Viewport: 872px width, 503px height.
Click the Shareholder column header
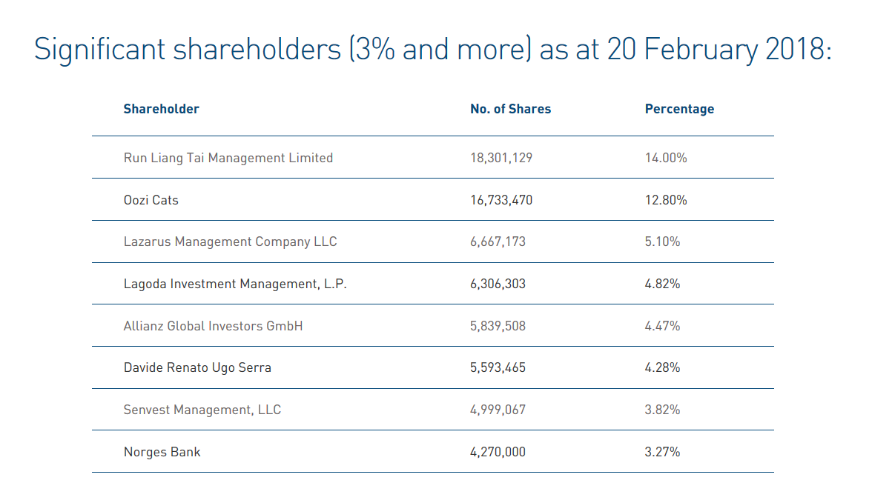click(161, 109)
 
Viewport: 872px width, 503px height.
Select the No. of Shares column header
click(510, 109)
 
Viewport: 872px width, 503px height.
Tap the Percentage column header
click(679, 109)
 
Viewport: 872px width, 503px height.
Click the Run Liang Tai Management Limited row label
click(228, 158)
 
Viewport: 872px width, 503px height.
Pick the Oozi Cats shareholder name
click(151, 200)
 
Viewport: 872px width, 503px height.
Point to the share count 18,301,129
click(501, 158)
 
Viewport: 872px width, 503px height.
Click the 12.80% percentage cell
click(666, 200)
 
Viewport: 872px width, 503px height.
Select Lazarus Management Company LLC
click(231, 241)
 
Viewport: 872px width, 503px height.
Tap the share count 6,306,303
click(498, 284)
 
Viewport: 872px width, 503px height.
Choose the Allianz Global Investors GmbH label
click(213, 326)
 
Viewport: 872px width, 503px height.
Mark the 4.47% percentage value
click(662, 326)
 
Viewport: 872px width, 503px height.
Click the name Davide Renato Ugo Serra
click(197, 367)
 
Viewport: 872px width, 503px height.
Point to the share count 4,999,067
click(498, 410)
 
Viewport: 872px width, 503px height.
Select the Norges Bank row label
click(162, 452)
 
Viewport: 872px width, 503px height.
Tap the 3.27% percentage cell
click(662, 452)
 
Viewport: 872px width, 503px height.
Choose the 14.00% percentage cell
click(666, 158)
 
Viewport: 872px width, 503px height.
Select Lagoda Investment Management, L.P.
click(235, 284)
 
